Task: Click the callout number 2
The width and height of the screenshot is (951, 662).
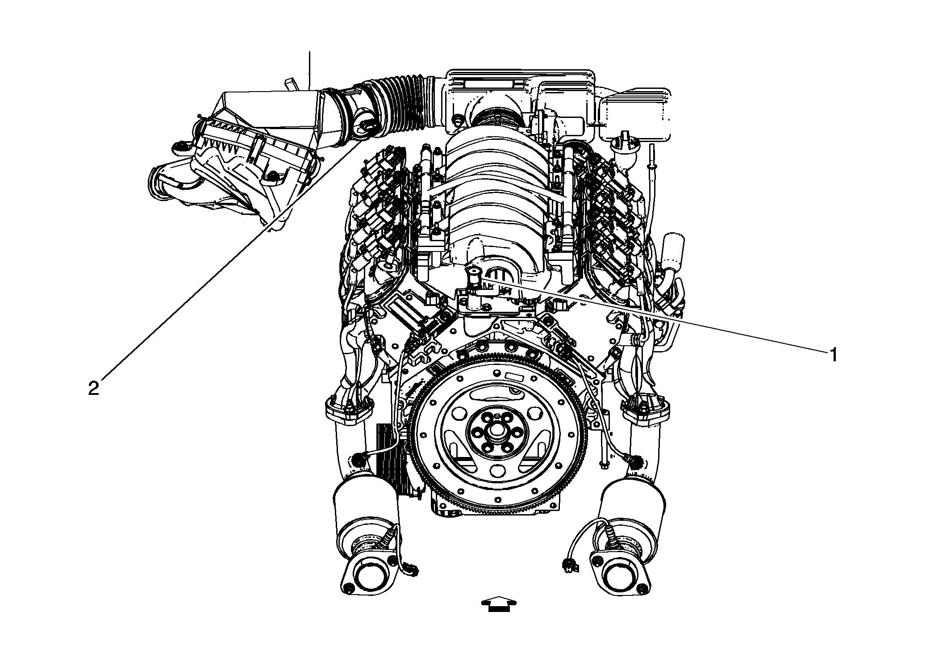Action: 93,389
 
